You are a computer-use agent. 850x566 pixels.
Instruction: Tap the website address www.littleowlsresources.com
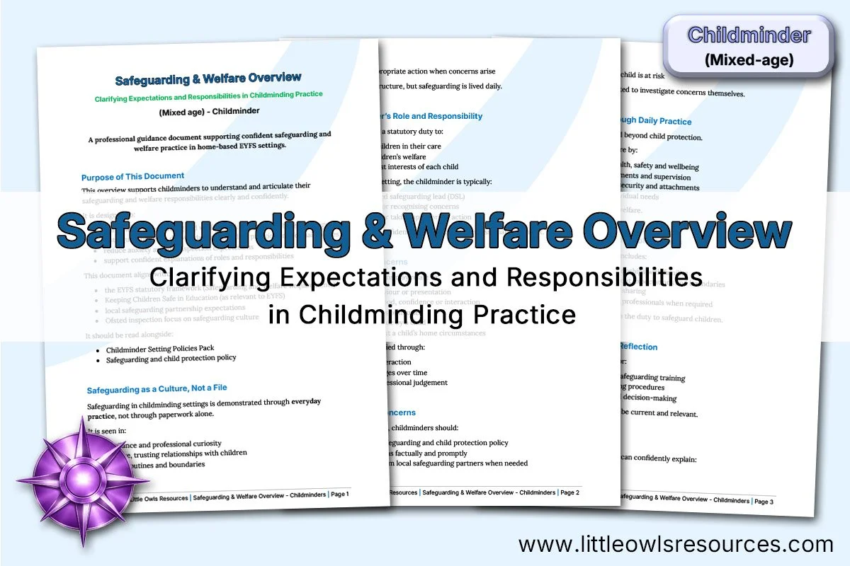coord(676,544)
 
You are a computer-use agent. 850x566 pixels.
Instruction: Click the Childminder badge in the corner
coord(749,47)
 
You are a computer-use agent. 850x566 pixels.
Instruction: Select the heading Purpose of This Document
coord(132,176)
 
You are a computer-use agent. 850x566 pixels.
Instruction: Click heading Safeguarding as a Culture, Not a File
coord(157,388)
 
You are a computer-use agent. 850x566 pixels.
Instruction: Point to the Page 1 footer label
coord(339,494)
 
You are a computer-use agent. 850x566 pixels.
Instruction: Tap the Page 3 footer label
coord(764,501)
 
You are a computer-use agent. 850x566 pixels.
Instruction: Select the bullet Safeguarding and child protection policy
coord(171,359)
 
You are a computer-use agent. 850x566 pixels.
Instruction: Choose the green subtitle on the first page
coord(209,95)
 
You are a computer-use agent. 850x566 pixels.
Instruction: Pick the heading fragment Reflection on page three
coord(638,347)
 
